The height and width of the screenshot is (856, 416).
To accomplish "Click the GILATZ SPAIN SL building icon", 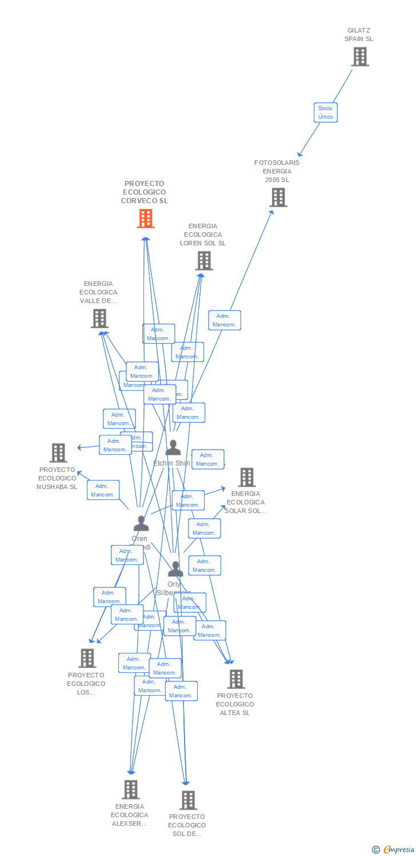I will (x=360, y=57).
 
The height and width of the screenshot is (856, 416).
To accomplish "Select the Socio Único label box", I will (x=325, y=112).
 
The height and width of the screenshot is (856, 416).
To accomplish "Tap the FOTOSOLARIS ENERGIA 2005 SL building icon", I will (x=278, y=197).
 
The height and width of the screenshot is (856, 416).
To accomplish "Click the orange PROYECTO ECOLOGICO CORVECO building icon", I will (x=146, y=218).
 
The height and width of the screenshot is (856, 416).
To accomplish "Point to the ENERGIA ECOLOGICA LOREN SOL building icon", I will (x=204, y=261).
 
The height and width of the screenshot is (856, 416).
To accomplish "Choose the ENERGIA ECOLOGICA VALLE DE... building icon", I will (x=99, y=318).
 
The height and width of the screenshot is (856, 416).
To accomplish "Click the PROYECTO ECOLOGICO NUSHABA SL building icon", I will (x=58, y=453).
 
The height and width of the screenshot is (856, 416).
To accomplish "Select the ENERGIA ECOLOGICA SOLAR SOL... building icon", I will (x=247, y=477).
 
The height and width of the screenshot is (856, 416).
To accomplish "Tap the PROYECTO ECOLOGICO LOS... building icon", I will (x=87, y=658).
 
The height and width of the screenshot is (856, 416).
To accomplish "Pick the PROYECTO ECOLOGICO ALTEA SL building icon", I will (x=236, y=679).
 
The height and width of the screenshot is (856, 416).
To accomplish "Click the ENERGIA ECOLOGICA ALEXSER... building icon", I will (x=131, y=790).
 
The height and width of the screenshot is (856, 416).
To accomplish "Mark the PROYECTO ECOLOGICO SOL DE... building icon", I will (x=188, y=800).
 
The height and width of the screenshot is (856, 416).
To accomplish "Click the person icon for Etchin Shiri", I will (x=173, y=448).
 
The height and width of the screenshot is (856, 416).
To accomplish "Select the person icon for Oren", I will (x=141, y=523).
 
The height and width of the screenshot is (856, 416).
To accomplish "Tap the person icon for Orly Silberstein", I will (x=175, y=569).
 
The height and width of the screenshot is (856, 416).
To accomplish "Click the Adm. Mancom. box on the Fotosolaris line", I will (x=225, y=320).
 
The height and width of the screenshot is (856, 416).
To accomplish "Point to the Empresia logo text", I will (x=398, y=850).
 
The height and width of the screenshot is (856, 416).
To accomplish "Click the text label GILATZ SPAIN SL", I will (x=359, y=35).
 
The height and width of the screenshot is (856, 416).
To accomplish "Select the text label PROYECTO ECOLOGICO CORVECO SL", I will (x=145, y=192).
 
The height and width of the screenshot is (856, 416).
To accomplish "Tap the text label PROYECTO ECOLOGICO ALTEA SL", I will (x=235, y=704).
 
